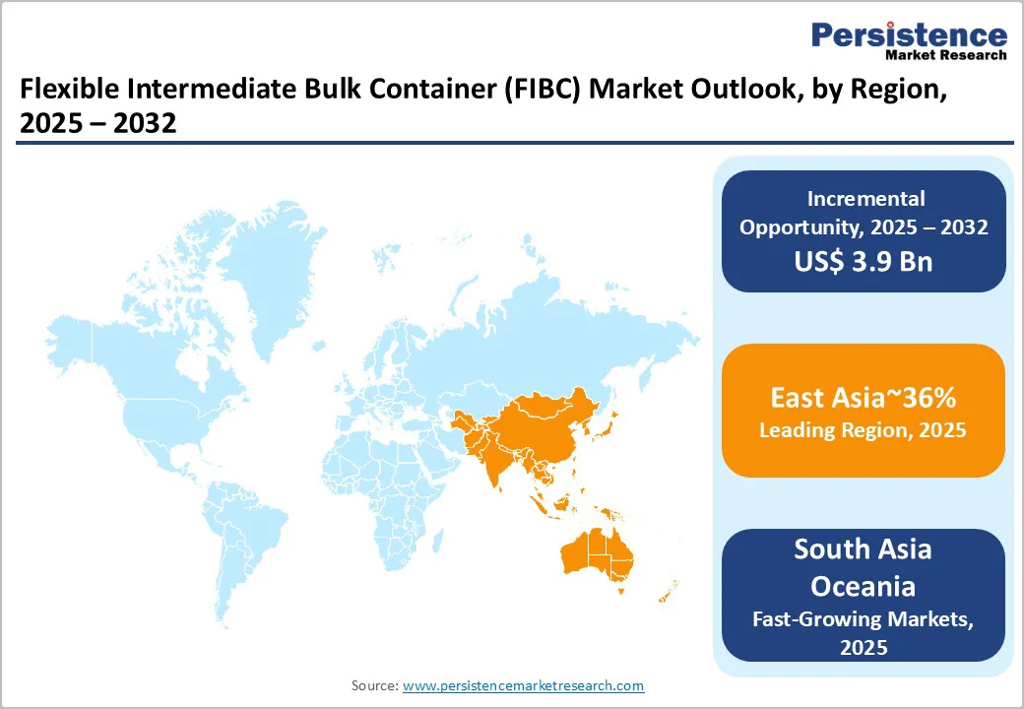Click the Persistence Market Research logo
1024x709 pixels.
[x=909, y=41]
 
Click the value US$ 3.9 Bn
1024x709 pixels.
[x=864, y=262]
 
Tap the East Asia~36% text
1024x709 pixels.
[x=863, y=398]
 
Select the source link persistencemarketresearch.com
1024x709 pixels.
[x=523, y=685]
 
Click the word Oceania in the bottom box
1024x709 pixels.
[x=863, y=586]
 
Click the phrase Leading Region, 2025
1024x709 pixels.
[x=863, y=430]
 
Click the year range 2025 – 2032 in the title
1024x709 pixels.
[x=97, y=125]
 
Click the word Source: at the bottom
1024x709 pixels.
[x=374, y=685]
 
